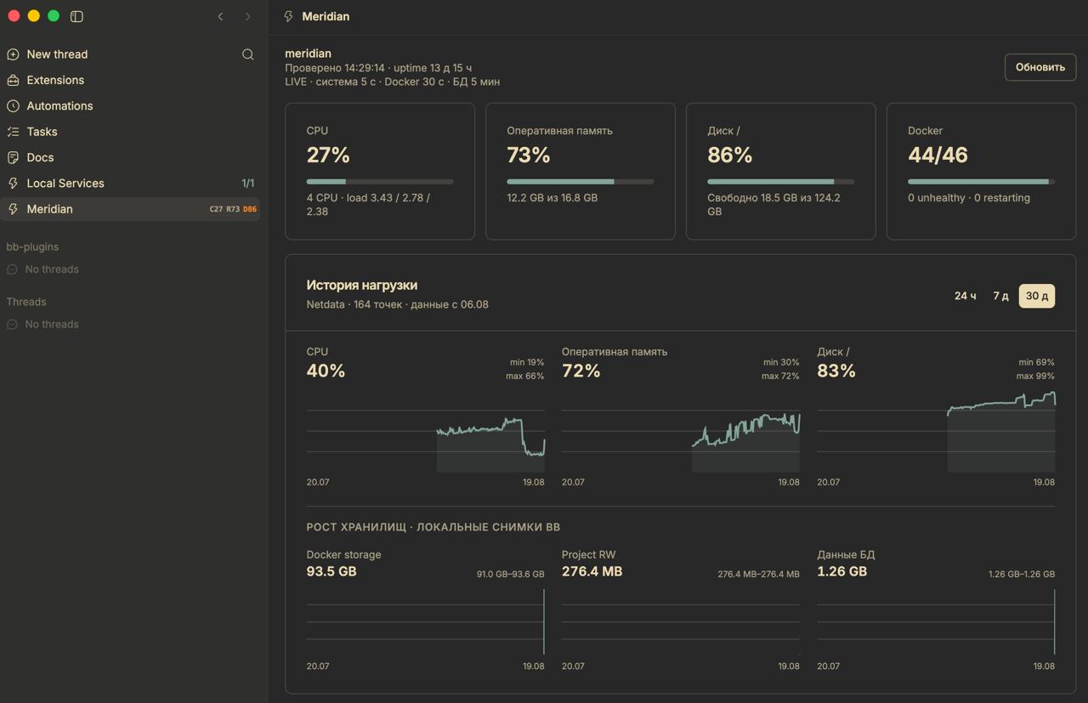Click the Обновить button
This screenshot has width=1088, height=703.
pyautogui.click(x=1040, y=67)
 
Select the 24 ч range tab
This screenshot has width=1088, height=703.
pyautogui.click(x=965, y=296)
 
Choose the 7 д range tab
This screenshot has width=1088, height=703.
pyautogui.click(x=1000, y=296)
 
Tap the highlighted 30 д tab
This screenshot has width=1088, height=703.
pyautogui.click(x=1036, y=296)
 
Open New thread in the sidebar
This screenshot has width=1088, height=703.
pyautogui.click(x=57, y=54)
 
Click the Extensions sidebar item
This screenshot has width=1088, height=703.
pyautogui.click(x=55, y=80)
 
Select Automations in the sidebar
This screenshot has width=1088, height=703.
pyautogui.click(x=59, y=106)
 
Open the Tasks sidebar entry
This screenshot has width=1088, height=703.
pyautogui.click(x=42, y=132)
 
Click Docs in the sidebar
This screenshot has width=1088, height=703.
pyautogui.click(x=40, y=157)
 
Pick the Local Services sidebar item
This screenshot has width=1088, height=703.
pyautogui.click(x=65, y=183)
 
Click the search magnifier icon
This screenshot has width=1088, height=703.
pyautogui.click(x=247, y=54)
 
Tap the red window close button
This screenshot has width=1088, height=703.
pyautogui.click(x=14, y=16)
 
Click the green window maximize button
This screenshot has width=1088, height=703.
pyautogui.click(x=54, y=16)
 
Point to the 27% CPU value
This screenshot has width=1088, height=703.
pyautogui.click(x=328, y=155)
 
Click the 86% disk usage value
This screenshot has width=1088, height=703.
pyautogui.click(x=729, y=155)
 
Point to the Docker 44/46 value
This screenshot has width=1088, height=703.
pyautogui.click(x=938, y=155)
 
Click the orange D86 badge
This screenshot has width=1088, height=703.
pyautogui.click(x=250, y=209)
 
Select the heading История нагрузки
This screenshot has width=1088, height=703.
pyautogui.click(x=362, y=285)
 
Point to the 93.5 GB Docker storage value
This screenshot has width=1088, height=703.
pyautogui.click(x=331, y=571)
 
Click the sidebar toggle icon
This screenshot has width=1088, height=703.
pyautogui.click(x=76, y=16)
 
